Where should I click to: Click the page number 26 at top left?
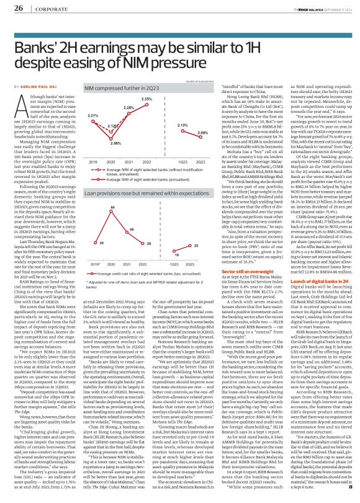[19, 7]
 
